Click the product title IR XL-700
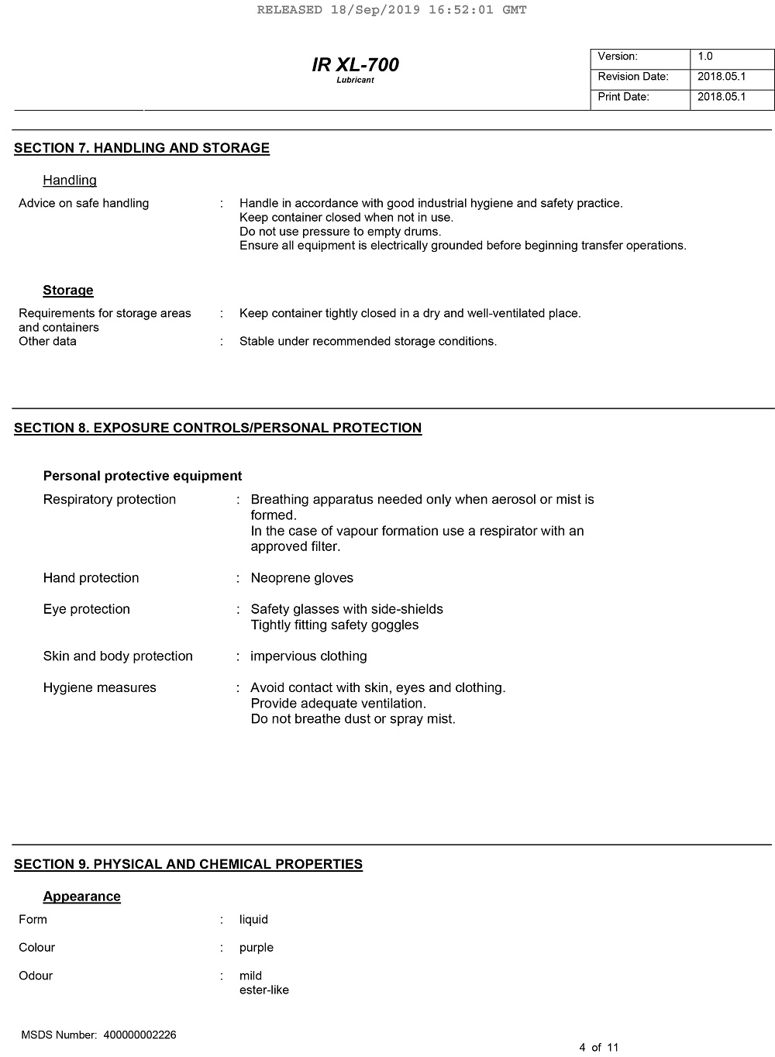pos(355,65)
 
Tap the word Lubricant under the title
pos(355,81)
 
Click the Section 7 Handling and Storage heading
pos(142,148)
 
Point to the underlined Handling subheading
pos(70,181)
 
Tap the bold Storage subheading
pos(68,291)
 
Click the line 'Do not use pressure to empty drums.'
pos(340,232)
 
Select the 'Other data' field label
pos(47,342)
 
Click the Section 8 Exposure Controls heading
pos(218,428)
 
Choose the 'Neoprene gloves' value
pos(301,578)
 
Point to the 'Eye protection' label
pos(87,609)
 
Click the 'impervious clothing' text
pos(308,656)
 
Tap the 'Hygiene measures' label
pos(100,688)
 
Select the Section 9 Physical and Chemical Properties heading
pos(188,864)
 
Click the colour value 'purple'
pos(257,948)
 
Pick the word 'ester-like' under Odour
pos(264,990)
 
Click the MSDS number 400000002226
pos(140,1035)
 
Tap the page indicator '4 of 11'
pos(599,1048)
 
